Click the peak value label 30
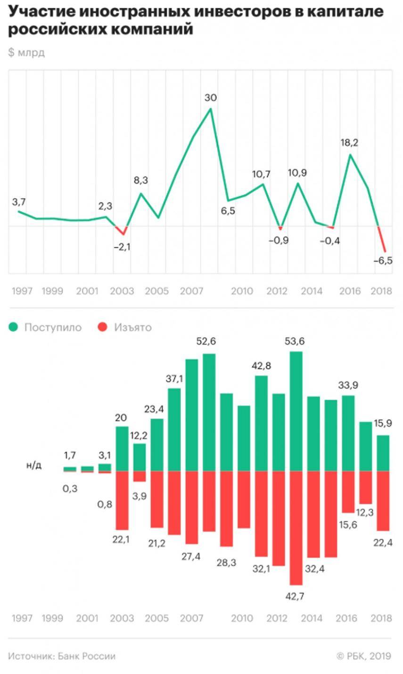pos(211,98)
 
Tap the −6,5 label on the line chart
pos(382,261)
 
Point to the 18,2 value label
pos(349,143)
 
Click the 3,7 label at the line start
pos(19,202)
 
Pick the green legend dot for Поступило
pos(14,327)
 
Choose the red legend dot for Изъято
pos(103,327)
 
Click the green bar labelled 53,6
pos(296,411)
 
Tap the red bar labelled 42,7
pos(296,527)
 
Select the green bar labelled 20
pos(122,449)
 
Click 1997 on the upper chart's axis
pos(22,291)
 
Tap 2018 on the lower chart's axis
pos(381,618)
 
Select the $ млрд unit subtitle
pos(26,53)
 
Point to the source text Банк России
pos(87,656)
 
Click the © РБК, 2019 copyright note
pos(364,656)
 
